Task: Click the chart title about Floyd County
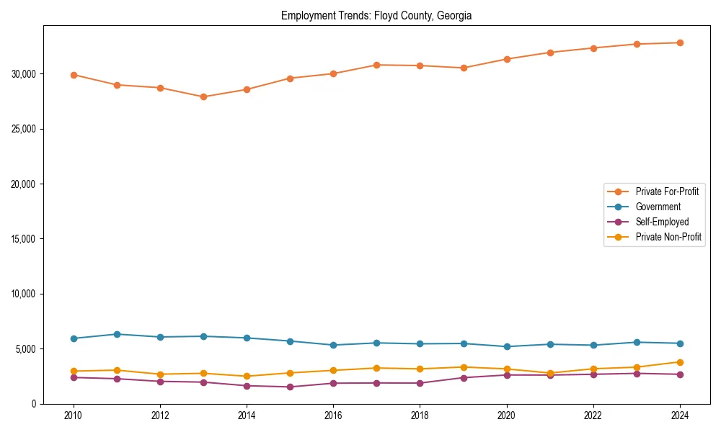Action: tap(376, 15)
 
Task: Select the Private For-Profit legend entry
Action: tap(667, 192)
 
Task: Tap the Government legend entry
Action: tap(658, 207)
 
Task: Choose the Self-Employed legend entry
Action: tap(662, 222)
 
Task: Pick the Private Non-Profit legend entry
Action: tap(668, 237)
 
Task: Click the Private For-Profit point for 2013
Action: tap(203, 96)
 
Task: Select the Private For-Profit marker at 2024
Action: tap(680, 42)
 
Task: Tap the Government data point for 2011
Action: tap(117, 334)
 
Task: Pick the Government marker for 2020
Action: tap(507, 346)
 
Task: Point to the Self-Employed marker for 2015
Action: tap(290, 387)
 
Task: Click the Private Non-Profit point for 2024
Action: tap(680, 362)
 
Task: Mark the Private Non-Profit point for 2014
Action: tap(247, 376)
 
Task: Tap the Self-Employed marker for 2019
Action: tap(464, 378)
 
